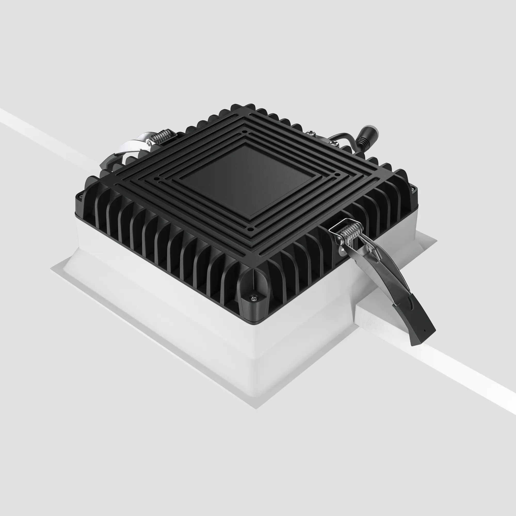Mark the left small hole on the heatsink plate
(158, 179)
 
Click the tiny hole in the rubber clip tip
(425, 330)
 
